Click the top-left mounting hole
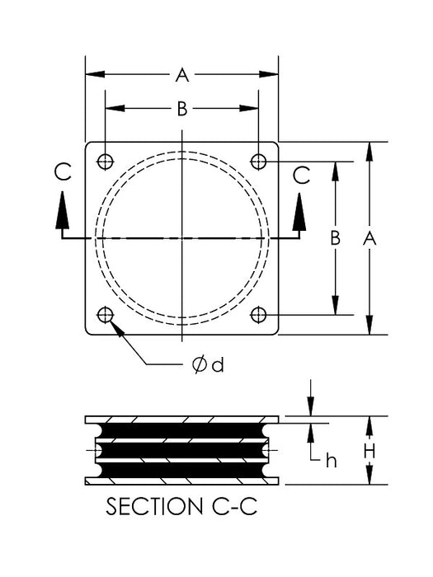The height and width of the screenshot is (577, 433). point(105,160)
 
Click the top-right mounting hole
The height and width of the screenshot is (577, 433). point(259,160)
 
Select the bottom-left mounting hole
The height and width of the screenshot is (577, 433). point(105,314)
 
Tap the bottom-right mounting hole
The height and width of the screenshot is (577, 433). point(259,314)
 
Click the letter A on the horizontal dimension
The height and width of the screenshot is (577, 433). point(181,76)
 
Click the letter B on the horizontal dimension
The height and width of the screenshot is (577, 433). point(181,108)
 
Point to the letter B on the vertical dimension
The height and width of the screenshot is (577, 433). point(336,237)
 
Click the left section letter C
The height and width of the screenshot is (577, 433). point(63,174)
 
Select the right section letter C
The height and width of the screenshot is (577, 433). point(302,174)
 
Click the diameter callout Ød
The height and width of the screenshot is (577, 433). point(208,364)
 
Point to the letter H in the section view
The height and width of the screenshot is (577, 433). point(369,451)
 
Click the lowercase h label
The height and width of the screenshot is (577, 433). point(331,460)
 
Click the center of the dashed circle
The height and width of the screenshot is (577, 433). point(181,237)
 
